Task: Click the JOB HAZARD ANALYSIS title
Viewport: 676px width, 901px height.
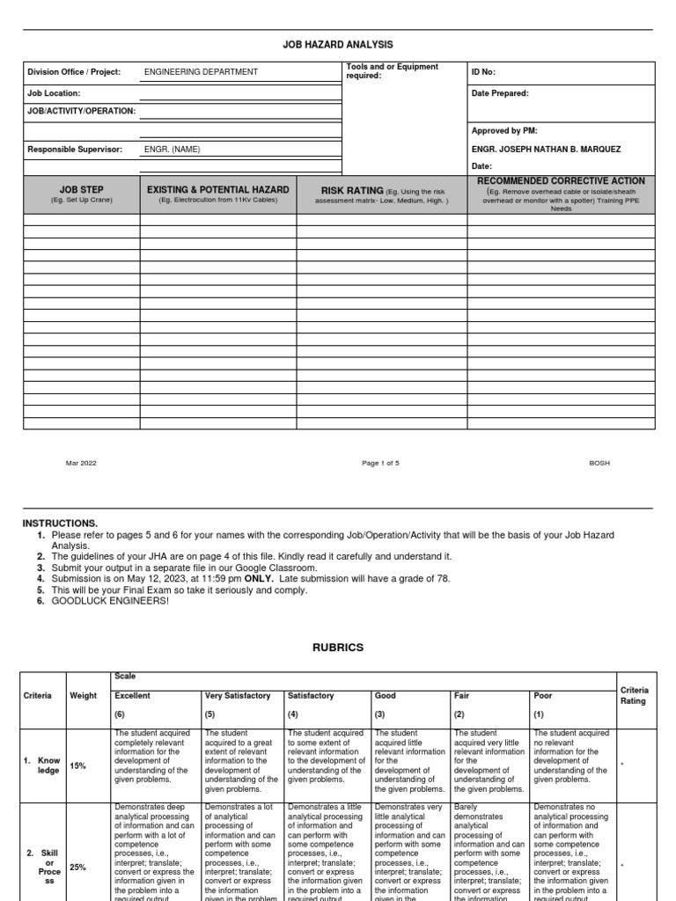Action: point(338,45)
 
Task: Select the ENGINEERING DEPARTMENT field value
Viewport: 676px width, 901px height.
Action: point(201,72)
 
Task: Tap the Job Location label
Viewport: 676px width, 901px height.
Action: point(55,92)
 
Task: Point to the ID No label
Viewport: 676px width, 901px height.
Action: point(484,72)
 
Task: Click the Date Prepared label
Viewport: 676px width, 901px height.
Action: point(500,92)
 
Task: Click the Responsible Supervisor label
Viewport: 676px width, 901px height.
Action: point(75,150)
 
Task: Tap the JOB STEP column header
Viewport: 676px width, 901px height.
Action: point(81,190)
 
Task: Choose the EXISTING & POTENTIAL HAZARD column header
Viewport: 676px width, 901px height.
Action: point(217,190)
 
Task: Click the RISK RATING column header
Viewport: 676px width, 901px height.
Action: point(353,190)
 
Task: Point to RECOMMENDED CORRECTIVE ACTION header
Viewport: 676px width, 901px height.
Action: point(561,180)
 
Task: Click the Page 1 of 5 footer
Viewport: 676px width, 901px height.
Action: point(380,463)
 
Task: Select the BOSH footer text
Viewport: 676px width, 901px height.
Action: point(599,463)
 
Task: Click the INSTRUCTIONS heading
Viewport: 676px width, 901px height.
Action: point(60,524)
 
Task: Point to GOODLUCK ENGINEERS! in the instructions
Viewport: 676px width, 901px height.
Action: point(110,601)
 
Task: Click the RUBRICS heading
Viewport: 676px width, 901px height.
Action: point(338,648)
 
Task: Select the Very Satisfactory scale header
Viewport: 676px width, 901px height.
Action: point(237,695)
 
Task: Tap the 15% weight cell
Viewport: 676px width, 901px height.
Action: point(78,766)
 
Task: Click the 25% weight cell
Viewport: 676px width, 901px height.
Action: point(78,868)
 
